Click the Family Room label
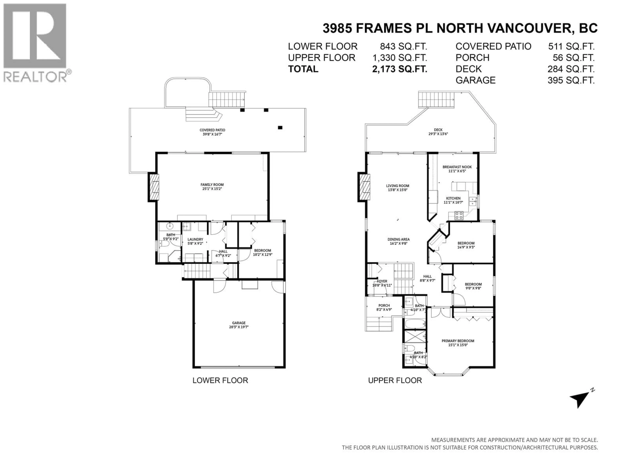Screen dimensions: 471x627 [212, 184]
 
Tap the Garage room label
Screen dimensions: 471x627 [239, 323]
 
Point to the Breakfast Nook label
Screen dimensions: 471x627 [457, 167]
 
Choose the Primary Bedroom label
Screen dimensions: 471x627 [458, 341]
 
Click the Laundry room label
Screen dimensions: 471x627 [195, 239]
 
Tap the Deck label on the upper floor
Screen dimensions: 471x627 [438, 130]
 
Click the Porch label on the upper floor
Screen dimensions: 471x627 [384, 305]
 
